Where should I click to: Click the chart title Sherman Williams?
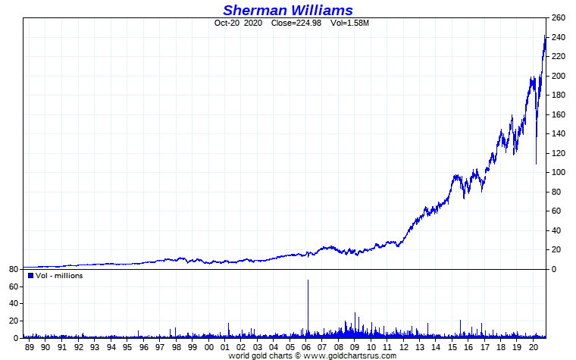[287, 10]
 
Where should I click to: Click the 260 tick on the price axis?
[559, 18]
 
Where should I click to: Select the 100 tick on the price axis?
[559, 172]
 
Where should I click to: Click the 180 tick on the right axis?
[559, 95]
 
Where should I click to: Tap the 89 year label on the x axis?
[30, 346]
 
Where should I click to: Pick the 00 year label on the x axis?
[209, 346]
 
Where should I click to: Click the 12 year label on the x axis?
[405, 346]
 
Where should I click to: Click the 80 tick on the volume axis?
[13, 270]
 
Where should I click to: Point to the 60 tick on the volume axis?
[13, 287]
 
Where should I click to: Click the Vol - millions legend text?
[59, 276]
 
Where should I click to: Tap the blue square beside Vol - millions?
[30, 276]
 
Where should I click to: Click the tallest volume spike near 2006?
[308, 282]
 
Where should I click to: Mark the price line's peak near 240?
[545, 36]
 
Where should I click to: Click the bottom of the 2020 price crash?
[536, 163]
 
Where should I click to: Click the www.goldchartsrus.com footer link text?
[350, 355]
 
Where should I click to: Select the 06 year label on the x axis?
[307, 346]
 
